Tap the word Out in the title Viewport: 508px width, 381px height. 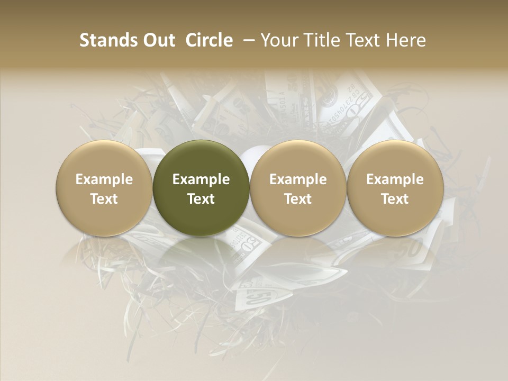tap(158, 40)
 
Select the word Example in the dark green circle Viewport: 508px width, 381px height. tap(201, 179)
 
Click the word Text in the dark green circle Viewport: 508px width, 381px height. tap(201, 199)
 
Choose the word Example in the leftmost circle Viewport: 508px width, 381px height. tap(104, 179)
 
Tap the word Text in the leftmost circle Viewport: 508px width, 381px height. tap(104, 199)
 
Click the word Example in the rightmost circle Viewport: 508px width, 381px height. tap(395, 179)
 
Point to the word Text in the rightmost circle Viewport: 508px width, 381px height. tap(395, 199)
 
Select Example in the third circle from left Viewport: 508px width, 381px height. tap(298, 179)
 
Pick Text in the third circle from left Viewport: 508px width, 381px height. tap(298, 199)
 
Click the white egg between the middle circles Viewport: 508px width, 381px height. tap(249, 157)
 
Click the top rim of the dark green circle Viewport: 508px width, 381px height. tap(201, 142)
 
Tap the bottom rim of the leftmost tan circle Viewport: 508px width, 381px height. tap(104, 234)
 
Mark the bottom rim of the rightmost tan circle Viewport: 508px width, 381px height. tap(395, 234)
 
